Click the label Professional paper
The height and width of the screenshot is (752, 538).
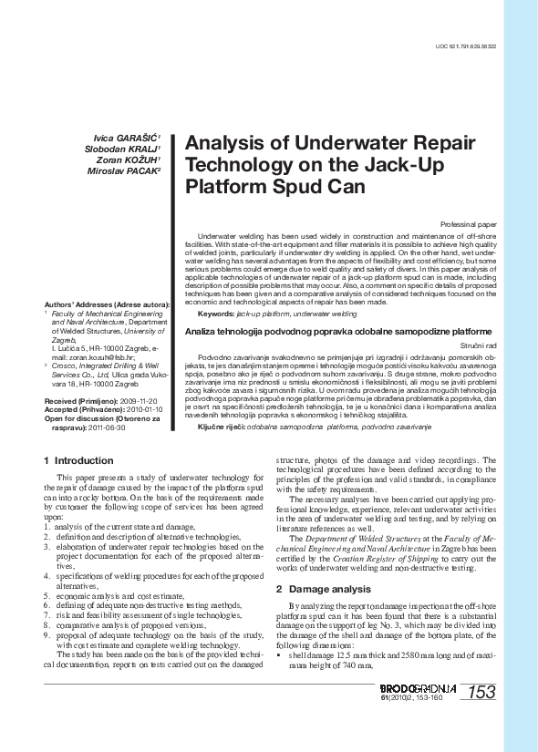(468, 223)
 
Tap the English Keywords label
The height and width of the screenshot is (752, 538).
(209, 313)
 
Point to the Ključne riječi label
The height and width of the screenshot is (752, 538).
(222, 427)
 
